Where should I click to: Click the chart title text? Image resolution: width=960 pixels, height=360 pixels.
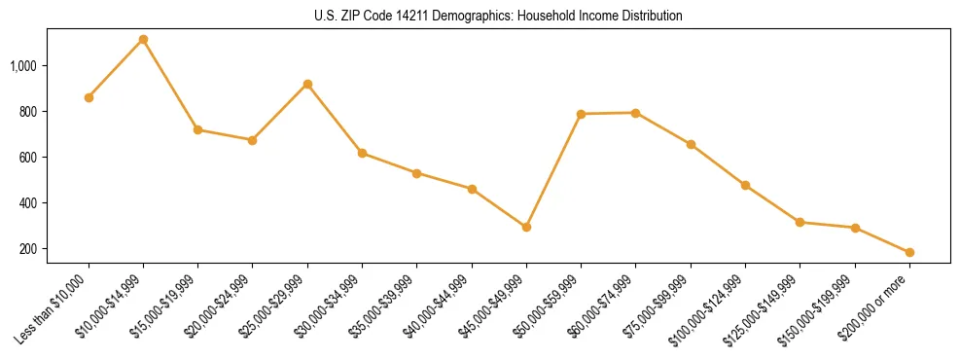click(x=499, y=17)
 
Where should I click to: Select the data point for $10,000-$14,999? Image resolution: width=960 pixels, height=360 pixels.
click(x=143, y=40)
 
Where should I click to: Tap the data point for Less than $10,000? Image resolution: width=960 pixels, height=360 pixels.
click(x=89, y=97)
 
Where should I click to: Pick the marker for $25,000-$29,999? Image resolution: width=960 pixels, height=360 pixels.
click(x=307, y=85)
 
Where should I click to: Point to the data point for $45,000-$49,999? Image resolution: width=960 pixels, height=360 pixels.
click(x=526, y=227)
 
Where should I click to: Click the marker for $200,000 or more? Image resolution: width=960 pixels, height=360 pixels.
click(x=909, y=252)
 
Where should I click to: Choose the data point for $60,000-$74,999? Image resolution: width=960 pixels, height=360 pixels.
click(x=635, y=113)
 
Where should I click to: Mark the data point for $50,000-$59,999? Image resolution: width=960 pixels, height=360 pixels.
click(x=581, y=114)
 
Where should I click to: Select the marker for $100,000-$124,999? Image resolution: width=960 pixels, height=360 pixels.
click(x=745, y=185)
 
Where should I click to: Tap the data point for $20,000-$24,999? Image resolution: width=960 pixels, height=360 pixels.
click(x=253, y=140)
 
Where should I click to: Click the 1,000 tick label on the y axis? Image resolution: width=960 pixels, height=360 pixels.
click(x=23, y=66)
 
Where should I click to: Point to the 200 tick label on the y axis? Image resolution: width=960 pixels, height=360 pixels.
click(x=28, y=249)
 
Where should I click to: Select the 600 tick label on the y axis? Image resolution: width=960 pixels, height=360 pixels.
click(x=28, y=158)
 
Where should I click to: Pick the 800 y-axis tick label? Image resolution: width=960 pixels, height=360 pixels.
click(x=28, y=112)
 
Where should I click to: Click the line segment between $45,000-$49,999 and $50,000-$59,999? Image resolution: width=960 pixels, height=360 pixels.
click(x=553, y=170)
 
